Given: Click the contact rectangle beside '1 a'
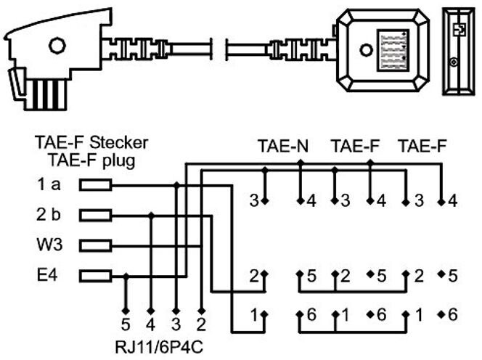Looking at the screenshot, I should pyautogui.click(x=95, y=186).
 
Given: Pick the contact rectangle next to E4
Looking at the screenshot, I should pyautogui.click(x=95, y=275).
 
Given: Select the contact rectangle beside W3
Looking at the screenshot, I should pyautogui.click(x=95, y=245).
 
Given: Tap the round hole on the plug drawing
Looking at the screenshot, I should pyautogui.click(x=56, y=45).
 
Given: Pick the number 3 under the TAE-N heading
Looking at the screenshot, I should pyautogui.click(x=255, y=200).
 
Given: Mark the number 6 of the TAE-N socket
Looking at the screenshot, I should pyautogui.click(x=311, y=316).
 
